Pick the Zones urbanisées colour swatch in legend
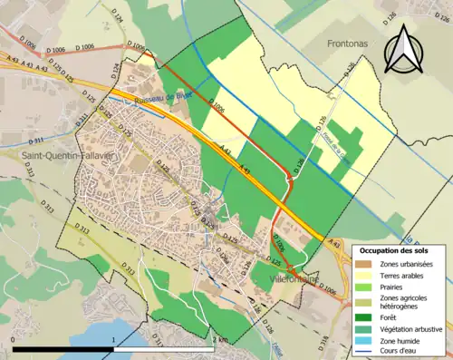365,263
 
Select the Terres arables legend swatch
365,275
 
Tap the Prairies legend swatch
365,287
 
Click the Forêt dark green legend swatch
365,316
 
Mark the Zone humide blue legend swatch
365,340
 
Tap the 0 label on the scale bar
14,339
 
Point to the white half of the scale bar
163,348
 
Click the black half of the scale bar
63,348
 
